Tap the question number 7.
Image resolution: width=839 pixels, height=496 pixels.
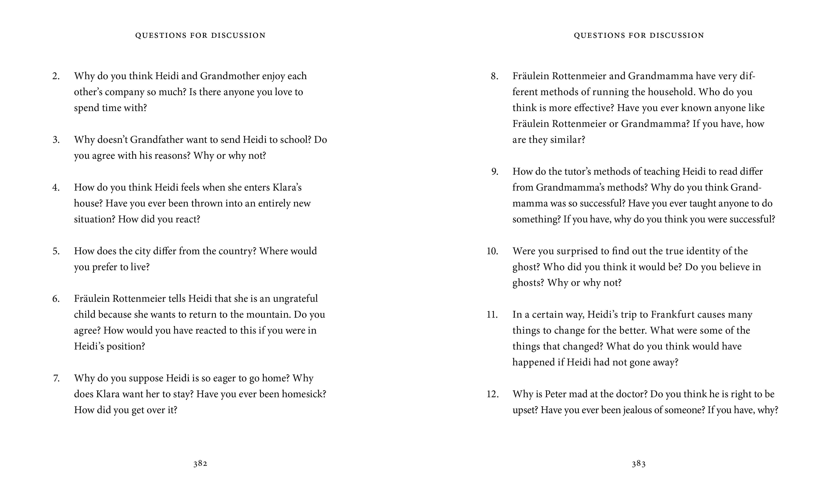[56, 378]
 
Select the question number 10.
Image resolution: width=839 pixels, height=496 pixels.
[492, 251]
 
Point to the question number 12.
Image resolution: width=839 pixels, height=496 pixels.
[492, 394]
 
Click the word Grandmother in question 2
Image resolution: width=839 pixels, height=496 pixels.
[230, 76]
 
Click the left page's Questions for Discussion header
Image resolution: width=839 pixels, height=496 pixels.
[200, 35]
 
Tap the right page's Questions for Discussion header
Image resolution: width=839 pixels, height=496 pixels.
[639, 35]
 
